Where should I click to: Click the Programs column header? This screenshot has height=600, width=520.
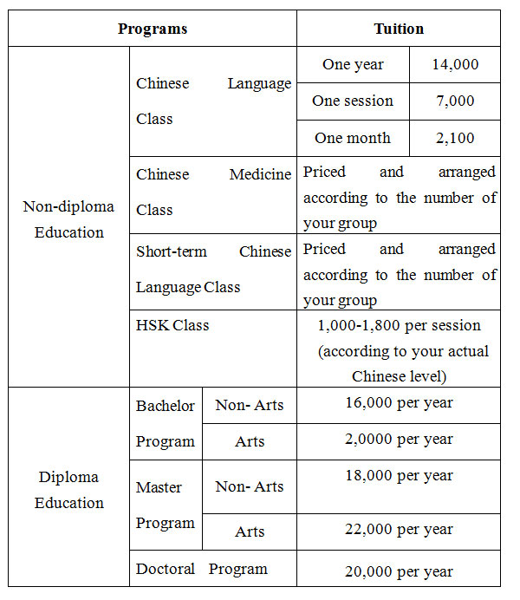[x=153, y=29]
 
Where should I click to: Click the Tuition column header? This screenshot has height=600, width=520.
[x=399, y=29]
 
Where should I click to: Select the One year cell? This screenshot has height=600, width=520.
[x=353, y=64]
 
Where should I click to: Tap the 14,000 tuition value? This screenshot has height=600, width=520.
[x=455, y=64]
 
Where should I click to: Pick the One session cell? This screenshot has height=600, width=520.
[x=353, y=101]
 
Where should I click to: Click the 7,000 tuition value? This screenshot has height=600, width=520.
[x=455, y=101]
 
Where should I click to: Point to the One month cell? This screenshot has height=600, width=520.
[x=353, y=138]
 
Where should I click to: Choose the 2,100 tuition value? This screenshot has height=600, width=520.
[x=455, y=138]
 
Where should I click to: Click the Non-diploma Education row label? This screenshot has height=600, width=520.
[x=68, y=219]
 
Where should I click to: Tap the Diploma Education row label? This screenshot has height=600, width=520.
[x=68, y=489]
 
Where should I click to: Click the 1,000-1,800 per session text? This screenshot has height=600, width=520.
[x=399, y=326]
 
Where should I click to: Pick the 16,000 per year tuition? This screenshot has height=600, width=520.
[x=399, y=402]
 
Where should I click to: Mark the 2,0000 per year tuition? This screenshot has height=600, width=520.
[x=399, y=439]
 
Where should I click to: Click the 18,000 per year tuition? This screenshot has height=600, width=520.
[x=399, y=475]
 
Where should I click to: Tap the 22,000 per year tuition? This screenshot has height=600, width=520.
[x=399, y=529]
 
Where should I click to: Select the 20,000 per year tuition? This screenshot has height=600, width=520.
[x=399, y=571]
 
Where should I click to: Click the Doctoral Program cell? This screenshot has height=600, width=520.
[x=202, y=569]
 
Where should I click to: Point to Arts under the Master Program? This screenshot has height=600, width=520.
[x=250, y=532]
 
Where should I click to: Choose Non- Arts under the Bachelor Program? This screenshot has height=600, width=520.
[x=250, y=405]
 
